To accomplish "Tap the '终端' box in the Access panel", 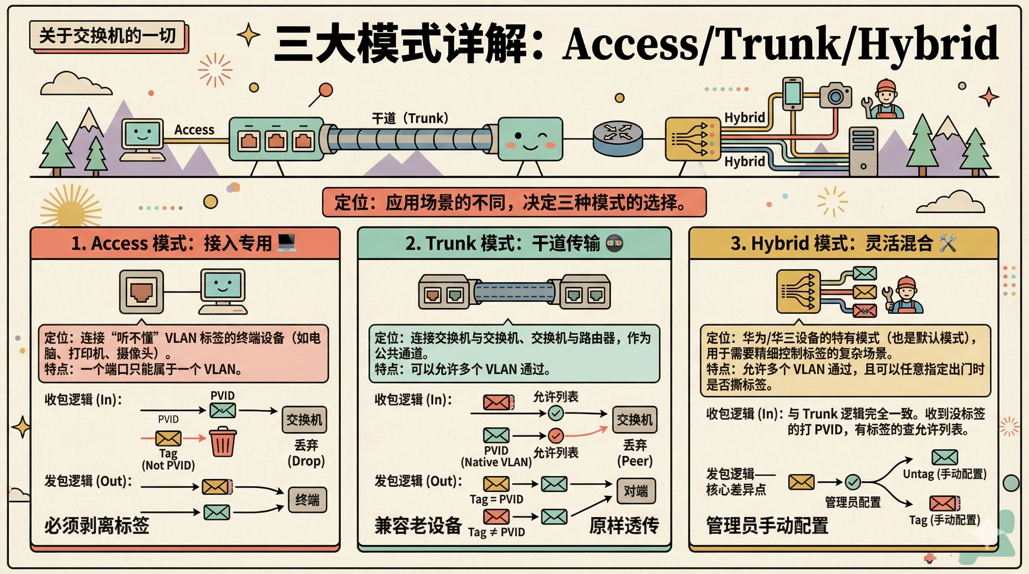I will coord(307,500).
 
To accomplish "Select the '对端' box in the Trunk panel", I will coord(636,491).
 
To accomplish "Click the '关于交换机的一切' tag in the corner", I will coord(107,36).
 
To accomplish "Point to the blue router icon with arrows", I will coord(618,138).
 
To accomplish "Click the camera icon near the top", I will coord(835,95).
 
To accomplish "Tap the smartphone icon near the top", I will coord(793,93).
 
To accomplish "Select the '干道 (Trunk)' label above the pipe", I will coord(410,118).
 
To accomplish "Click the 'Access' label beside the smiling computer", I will coord(194,130).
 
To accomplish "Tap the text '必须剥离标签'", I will coord(97,525).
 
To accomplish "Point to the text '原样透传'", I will coord(624,525).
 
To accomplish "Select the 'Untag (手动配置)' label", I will coord(945,474).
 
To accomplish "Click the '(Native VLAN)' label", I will coord(496,462).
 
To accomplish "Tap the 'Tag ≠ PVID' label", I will coord(497,532).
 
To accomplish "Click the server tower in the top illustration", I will coord(863,152).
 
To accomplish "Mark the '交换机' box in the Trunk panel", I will coord(635,420).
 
